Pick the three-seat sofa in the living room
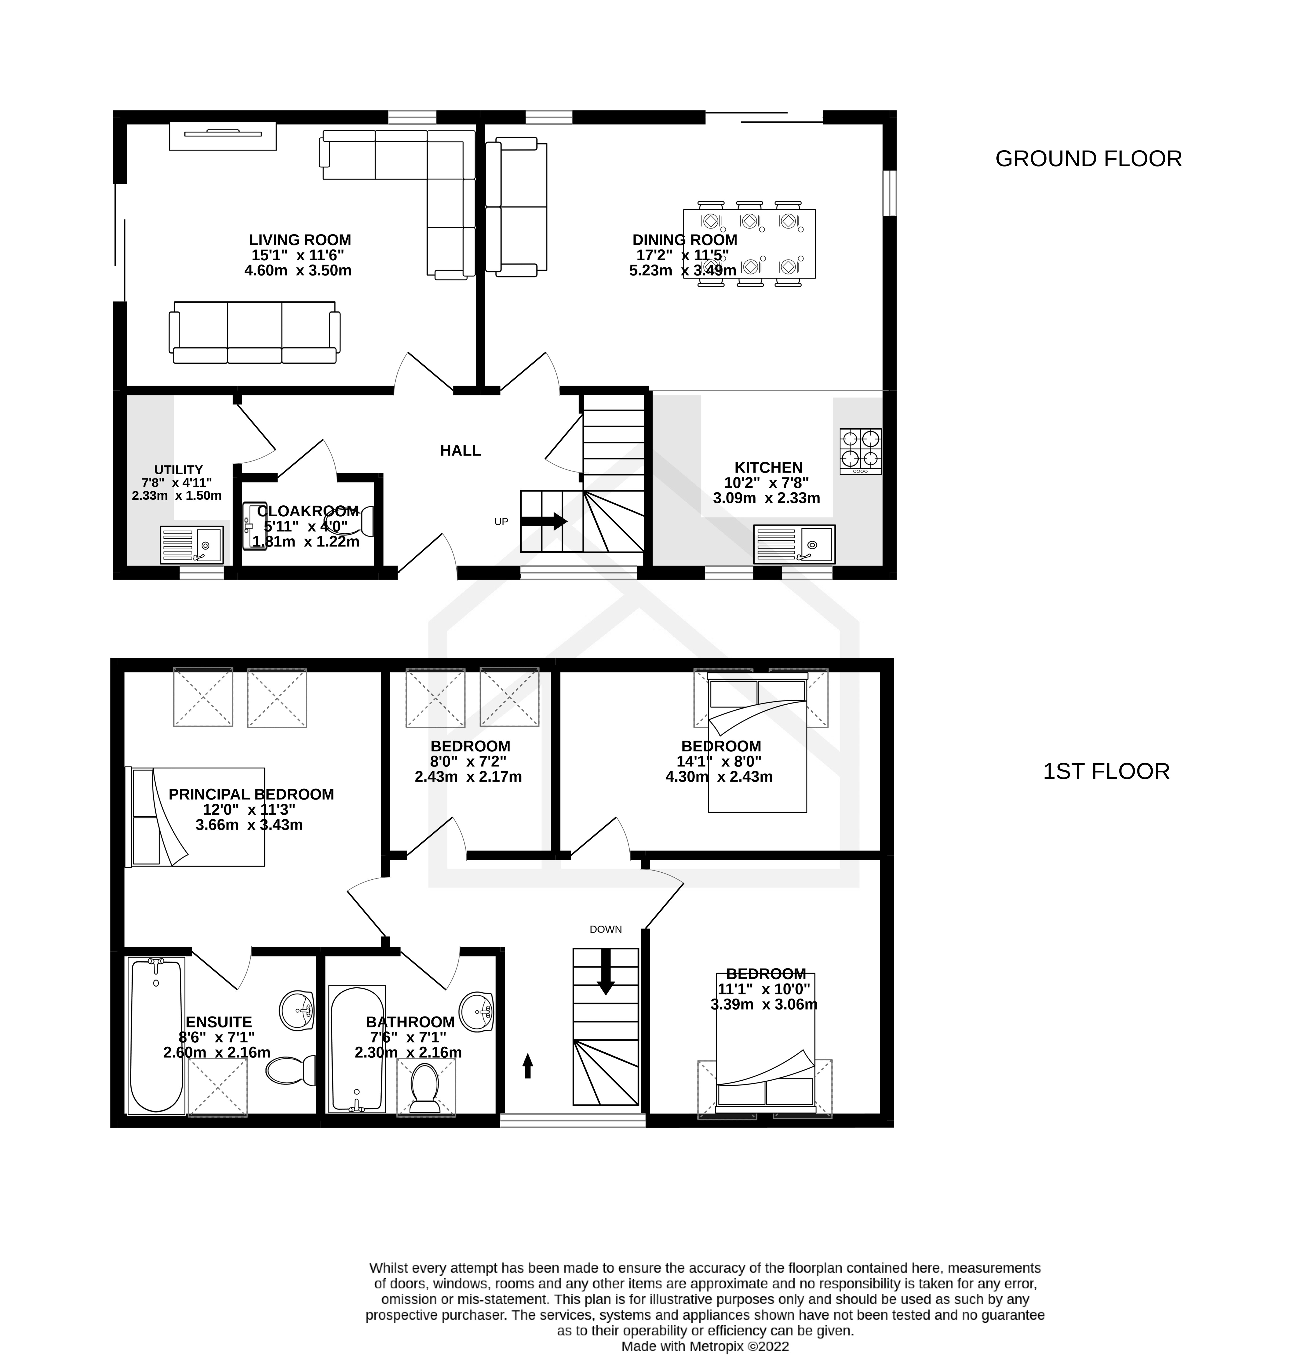pos(254,333)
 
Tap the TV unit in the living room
pos(223,136)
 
